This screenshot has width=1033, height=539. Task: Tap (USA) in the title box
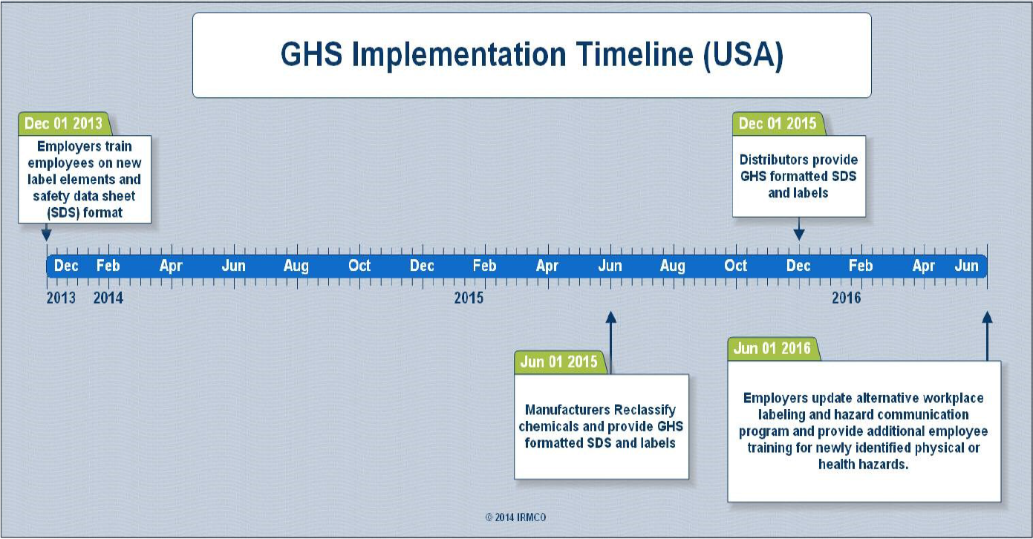pos(743,56)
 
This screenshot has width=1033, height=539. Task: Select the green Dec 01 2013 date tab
pos(65,123)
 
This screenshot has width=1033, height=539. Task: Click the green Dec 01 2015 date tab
pos(778,123)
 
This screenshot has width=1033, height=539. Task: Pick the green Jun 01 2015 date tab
pos(561,362)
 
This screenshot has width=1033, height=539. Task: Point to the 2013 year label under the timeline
pos(61,298)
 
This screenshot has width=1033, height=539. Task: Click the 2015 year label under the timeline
pos(469,298)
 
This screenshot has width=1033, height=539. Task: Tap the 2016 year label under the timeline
pos(847,298)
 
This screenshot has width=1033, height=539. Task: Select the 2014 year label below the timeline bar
pos(108,298)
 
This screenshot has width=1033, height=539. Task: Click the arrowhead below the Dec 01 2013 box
pos(46,235)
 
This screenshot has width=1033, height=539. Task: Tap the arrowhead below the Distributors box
pos(799,234)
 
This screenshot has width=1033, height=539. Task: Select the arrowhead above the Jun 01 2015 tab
pos(611,317)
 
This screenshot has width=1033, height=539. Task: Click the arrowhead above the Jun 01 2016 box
pos(988,317)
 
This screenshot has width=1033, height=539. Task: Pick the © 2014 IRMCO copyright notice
pos(515,517)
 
